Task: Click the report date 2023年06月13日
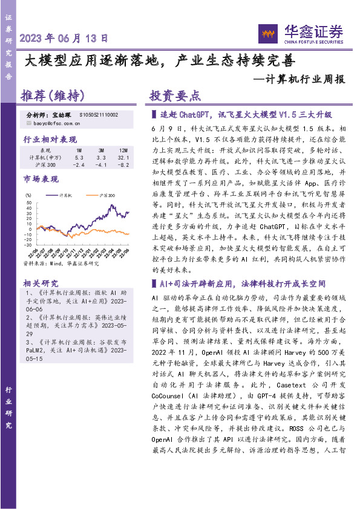tap(64, 38)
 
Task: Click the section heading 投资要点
tap(175, 96)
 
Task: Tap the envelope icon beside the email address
tap(29, 123)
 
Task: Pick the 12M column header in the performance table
tap(123, 149)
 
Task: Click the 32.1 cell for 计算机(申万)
tap(123, 157)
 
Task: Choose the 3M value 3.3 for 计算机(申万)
tap(101, 157)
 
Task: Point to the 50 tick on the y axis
tap(29, 206)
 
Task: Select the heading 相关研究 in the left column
tap(40, 283)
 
